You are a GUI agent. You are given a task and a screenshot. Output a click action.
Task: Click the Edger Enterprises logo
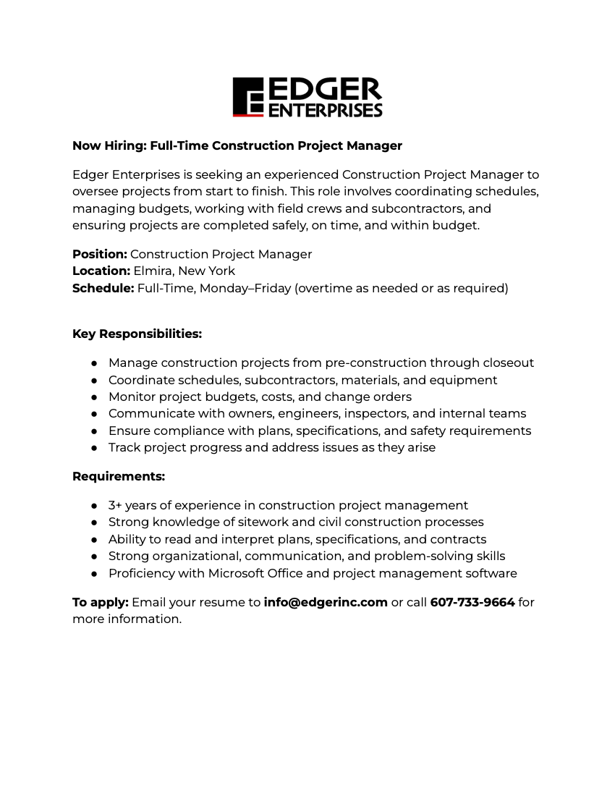tap(307, 97)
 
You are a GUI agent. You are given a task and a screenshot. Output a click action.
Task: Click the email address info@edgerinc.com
tap(326, 602)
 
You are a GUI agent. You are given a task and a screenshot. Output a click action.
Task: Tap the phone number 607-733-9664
tap(472, 602)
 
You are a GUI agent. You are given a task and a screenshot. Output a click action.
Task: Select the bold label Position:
tap(100, 254)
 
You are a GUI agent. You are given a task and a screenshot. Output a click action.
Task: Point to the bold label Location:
tap(101, 271)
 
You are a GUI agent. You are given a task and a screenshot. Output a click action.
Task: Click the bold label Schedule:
tap(103, 288)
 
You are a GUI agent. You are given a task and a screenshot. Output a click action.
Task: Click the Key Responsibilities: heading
tap(137, 334)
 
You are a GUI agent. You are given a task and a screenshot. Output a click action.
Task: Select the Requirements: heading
tap(119, 476)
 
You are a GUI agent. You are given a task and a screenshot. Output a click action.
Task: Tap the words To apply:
tap(101, 602)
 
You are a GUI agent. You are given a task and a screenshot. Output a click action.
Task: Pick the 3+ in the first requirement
tap(115, 505)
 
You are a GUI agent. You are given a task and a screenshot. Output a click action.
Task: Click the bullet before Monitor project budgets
tap(94, 397)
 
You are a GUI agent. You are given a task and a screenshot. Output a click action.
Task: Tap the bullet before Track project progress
tap(94, 448)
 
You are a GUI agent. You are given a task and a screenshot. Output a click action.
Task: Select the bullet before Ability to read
tap(94, 540)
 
